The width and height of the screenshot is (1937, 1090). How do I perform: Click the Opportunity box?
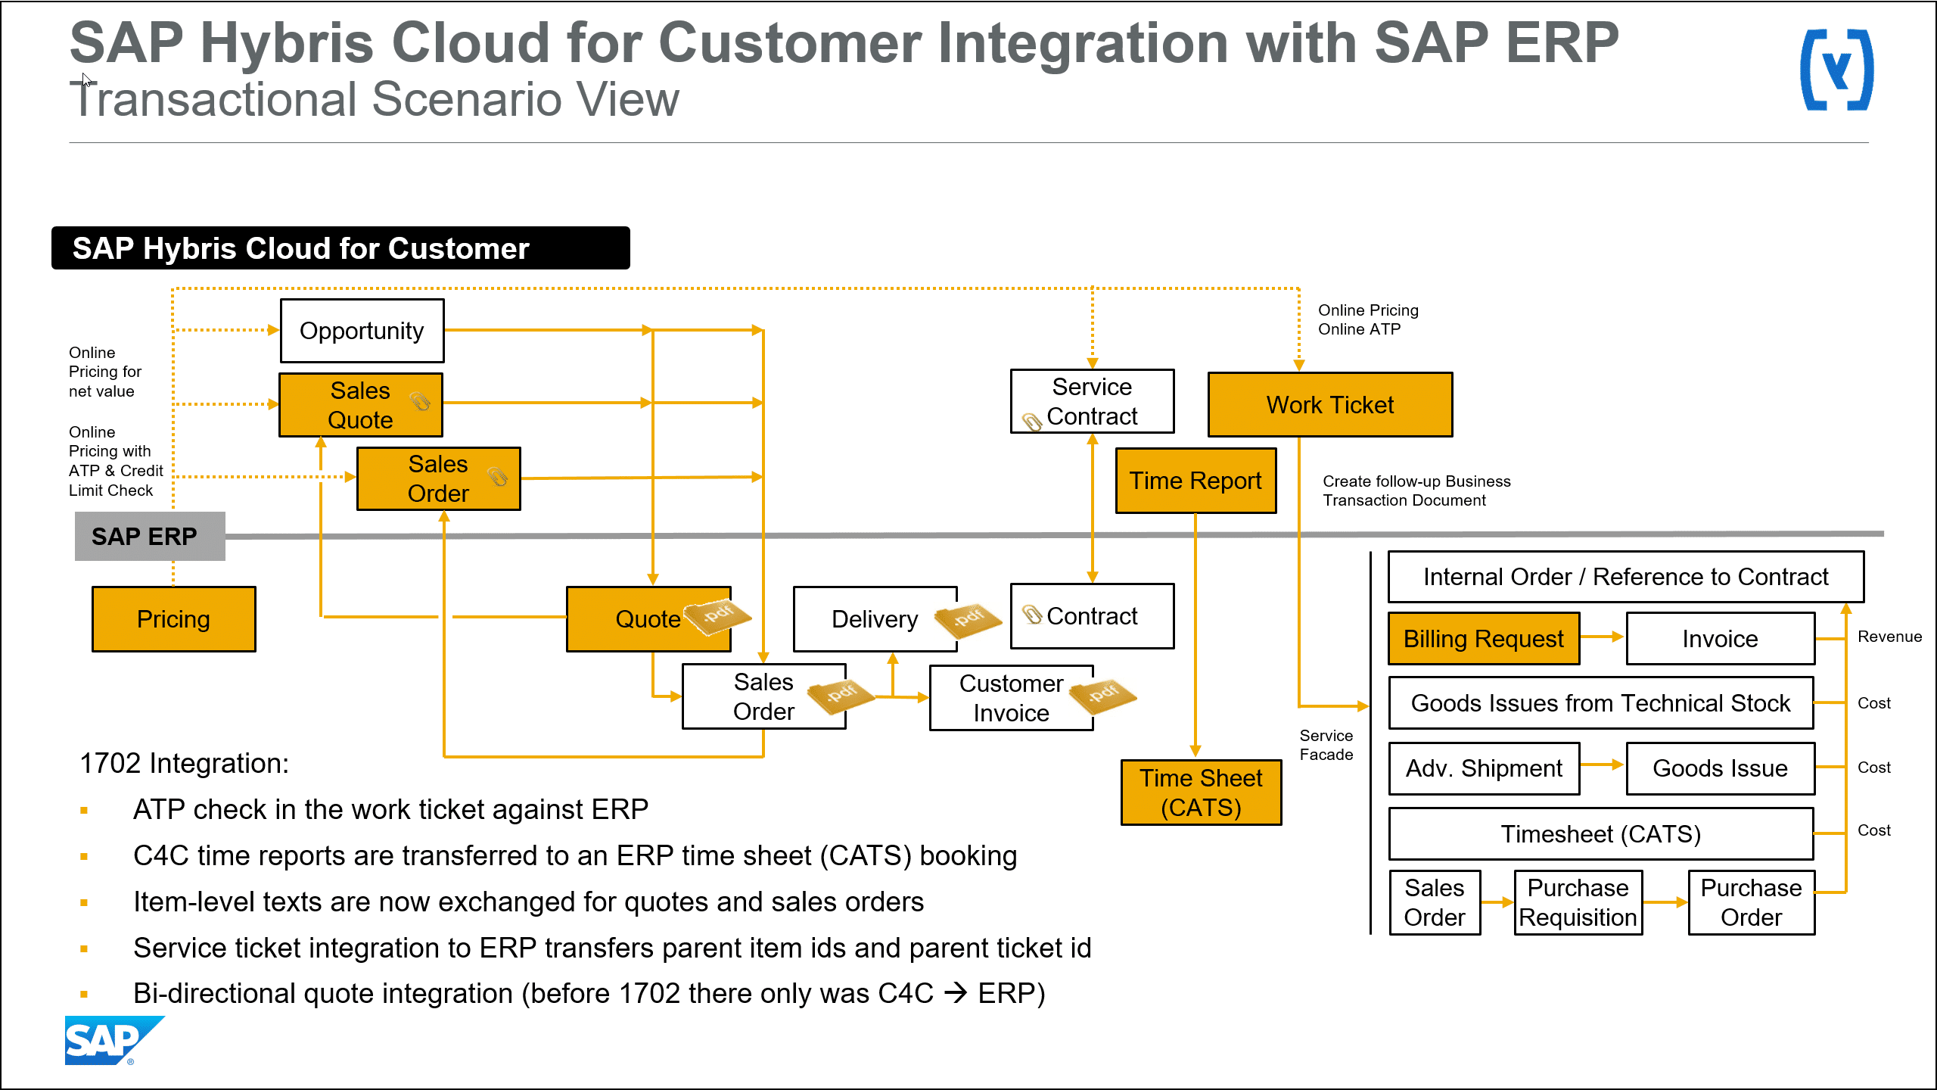[x=362, y=331]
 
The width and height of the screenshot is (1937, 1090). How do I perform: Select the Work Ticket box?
[x=1329, y=405]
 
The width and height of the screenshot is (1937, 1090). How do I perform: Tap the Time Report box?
[x=1195, y=481]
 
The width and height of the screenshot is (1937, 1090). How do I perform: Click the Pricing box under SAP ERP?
[x=173, y=619]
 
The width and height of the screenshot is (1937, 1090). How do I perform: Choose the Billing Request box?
[x=1483, y=639]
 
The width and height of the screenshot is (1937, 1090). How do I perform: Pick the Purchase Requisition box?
[x=1578, y=902]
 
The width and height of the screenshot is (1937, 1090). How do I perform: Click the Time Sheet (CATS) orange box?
[x=1201, y=793]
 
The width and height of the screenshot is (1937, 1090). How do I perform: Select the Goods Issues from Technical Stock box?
[x=1600, y=703]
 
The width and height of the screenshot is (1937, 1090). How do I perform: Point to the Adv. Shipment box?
[x=1484, y=768]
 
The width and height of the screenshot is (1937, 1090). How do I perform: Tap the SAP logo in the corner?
[x=110, y=1041]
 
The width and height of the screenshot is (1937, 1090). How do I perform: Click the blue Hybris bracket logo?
[x=1836, y=70]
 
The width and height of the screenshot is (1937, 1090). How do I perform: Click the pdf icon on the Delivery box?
[x=968, y=619]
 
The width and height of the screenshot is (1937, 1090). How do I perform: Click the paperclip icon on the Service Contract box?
[x=1032, y=422]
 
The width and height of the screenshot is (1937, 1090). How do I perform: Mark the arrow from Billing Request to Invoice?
[x=1602, y=637]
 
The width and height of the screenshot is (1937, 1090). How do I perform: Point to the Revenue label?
[x=1889, y=637]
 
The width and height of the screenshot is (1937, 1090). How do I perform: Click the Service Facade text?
[x=1326, y=745]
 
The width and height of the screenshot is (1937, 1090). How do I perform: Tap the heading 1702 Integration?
[x=184, y=764]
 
